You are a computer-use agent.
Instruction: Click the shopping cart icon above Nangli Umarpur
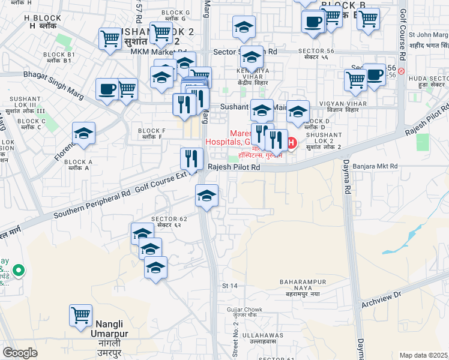click(80, 314)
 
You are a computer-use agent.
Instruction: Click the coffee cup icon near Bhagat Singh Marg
click(107, 89)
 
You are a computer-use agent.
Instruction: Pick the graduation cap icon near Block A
click(83, 133)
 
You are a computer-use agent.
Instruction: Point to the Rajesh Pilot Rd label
click(234, 169)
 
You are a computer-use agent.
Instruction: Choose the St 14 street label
click(230, 286)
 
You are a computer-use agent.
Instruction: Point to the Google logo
click(20, 353)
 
